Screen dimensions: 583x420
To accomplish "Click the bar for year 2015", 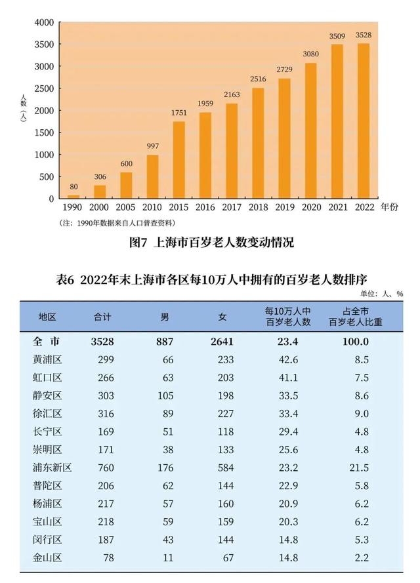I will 178,160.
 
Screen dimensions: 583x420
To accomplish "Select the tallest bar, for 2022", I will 364,121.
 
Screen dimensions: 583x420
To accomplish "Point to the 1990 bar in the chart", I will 73,196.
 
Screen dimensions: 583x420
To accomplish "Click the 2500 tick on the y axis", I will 43,89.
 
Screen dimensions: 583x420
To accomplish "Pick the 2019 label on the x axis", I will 284,207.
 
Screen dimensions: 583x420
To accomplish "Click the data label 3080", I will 311,55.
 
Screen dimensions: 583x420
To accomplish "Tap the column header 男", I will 165,317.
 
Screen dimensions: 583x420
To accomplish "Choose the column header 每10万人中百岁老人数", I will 287,317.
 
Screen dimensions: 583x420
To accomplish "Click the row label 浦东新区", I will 52,468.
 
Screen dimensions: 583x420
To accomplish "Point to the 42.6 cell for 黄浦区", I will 287,359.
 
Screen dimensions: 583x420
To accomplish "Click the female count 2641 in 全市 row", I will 222,341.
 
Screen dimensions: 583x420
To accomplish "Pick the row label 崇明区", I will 47,450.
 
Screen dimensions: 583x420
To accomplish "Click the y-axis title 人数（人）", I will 23,109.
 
